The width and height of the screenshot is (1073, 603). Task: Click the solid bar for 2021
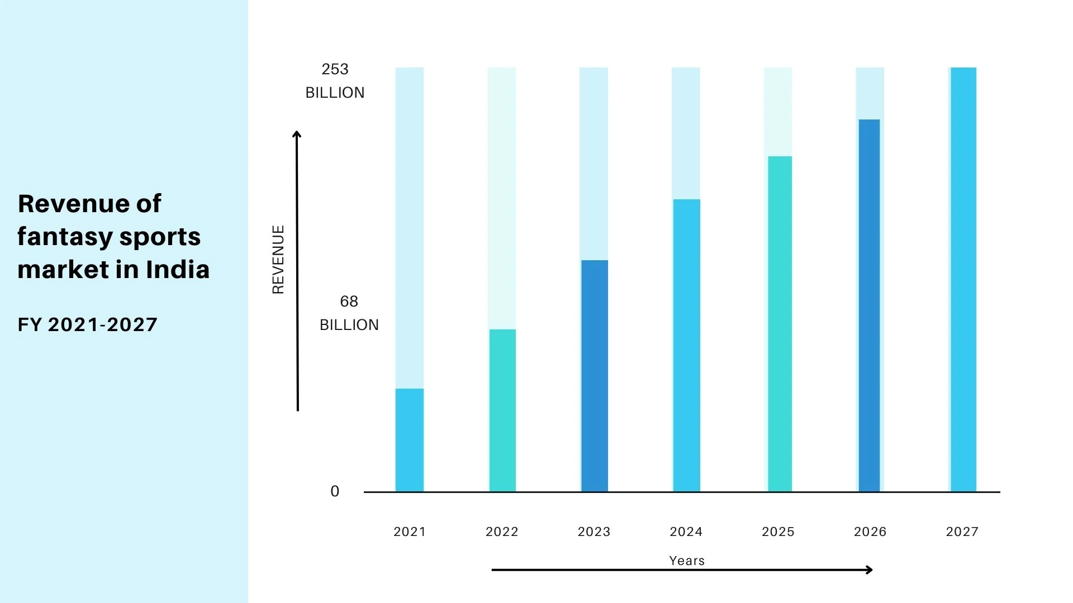tap(409, 440)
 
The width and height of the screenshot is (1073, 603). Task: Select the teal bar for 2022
tap(502, 410)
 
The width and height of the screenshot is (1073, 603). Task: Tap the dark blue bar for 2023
tap(594, 376)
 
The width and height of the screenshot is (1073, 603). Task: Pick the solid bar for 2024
tap(686, 345)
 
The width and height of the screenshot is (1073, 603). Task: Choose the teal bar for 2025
tap(779, 324)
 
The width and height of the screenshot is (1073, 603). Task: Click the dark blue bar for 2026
tap(869, 305)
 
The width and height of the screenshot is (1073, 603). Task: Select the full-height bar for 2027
tap(963, 279)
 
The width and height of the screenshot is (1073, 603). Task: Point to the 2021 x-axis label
tap(409, 532)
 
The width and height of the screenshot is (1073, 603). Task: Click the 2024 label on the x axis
tap(686, 532)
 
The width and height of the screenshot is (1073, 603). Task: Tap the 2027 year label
tap(962, 532)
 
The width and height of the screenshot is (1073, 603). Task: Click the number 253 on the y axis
tap(335, 69)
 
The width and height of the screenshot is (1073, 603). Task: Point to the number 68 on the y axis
tap(349, 301)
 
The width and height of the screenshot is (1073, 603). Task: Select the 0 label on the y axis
tap(335, 491)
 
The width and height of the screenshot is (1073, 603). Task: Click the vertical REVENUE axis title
tap(278, 260)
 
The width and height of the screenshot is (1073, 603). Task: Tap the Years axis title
tap(687, 561)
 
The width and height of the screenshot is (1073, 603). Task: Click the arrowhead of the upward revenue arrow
tap(297, 134)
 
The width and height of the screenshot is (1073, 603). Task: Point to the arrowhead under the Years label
tap(869, 569)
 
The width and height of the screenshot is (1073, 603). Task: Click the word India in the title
tap(177, 270)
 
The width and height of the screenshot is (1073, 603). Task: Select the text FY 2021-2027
tap(88, 324)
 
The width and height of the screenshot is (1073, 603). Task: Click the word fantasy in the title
tap(65, 237)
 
